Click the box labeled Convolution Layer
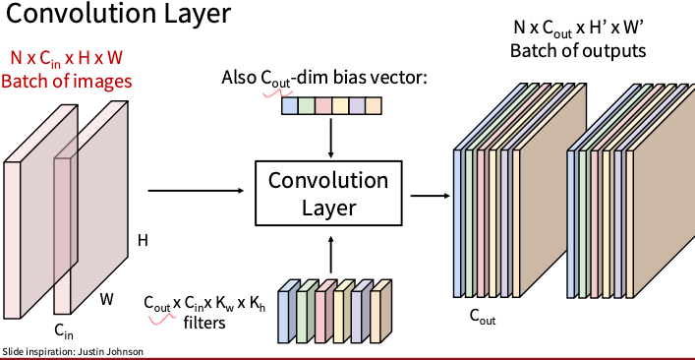tap(328, 194)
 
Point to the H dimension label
tap(143, 239)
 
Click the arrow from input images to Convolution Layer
tap(196, 191)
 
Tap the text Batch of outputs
tap(578, 49)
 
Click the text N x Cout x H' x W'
tap(579, 28)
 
